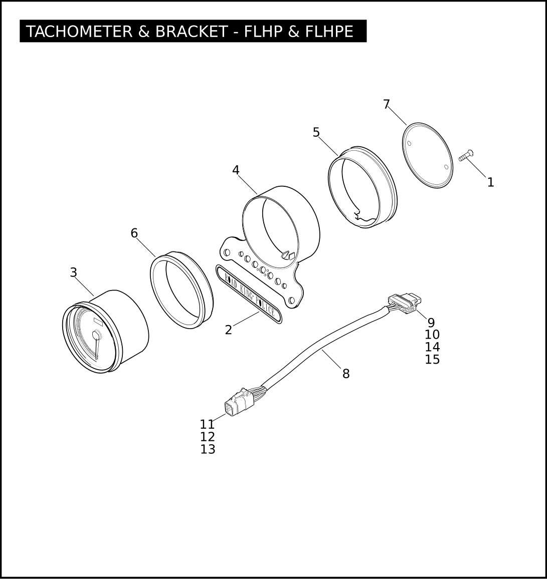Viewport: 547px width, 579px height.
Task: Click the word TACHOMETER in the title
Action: pos(79,32)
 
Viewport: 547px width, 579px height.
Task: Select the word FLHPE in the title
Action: pos(329,32)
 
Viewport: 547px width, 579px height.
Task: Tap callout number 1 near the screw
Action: pos(490,182)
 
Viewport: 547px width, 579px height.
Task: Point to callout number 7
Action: pos(387,105)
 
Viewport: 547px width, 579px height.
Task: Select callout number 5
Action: pos(316,132)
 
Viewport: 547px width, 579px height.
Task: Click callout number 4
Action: pos(236,170)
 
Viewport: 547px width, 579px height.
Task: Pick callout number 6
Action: pos(134,233)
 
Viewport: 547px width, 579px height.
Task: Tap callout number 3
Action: pos(74,272)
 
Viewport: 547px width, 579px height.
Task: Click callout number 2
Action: pos(229,330)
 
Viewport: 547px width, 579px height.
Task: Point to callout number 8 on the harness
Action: pos(346,374)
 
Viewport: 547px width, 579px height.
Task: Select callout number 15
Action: pos(432,359)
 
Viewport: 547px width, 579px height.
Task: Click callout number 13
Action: pos(208,449)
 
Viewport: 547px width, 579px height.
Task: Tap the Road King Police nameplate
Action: pos(249,294)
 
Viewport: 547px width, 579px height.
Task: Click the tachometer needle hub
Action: pos(96,335)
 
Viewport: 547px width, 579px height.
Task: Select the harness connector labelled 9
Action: pos(405,303)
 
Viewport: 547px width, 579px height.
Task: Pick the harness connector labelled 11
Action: pos(238,402)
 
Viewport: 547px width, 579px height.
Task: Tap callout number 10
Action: pos(432,335)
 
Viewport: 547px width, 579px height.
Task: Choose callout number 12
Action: pos(208,437)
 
